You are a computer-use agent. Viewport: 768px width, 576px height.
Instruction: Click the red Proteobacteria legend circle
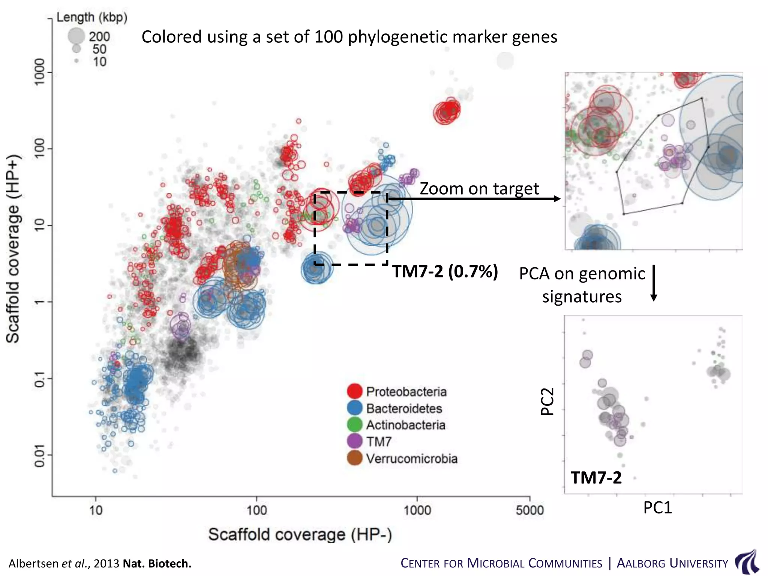(x=354, y=391)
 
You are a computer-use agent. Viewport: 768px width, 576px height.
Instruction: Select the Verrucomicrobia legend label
(x=411, y=459)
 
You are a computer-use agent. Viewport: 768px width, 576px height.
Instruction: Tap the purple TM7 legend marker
(x=354, y=441)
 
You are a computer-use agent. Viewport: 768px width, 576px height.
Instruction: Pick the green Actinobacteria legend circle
(x=354, y=424)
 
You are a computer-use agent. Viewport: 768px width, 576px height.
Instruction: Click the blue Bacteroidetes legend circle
(x=354, y=408)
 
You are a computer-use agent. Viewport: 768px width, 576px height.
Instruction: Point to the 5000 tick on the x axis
(x=529, y=510)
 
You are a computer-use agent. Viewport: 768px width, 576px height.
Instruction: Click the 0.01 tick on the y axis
(x=40, y=456)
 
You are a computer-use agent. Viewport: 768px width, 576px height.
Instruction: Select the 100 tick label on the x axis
(x=256, y=510)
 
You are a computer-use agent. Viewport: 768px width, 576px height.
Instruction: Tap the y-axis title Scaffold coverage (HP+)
(x=13, y=249)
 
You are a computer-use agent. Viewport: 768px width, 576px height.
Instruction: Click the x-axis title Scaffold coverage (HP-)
(x=300, y=534)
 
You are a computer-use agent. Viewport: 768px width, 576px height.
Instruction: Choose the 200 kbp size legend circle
(x=76, y=36)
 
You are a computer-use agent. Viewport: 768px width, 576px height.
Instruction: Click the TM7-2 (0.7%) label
(x=445, y=271)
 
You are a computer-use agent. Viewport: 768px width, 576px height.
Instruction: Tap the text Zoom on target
(x=479, y=188)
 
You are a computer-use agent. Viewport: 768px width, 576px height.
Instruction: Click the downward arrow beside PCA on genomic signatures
(x=654, y=283)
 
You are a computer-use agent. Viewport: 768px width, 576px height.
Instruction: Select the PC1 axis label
(x=657, y=508)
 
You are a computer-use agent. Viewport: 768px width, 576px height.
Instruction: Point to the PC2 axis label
(x=547, y=401)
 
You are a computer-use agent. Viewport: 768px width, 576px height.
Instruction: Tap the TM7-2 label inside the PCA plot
(x=596, y=478)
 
